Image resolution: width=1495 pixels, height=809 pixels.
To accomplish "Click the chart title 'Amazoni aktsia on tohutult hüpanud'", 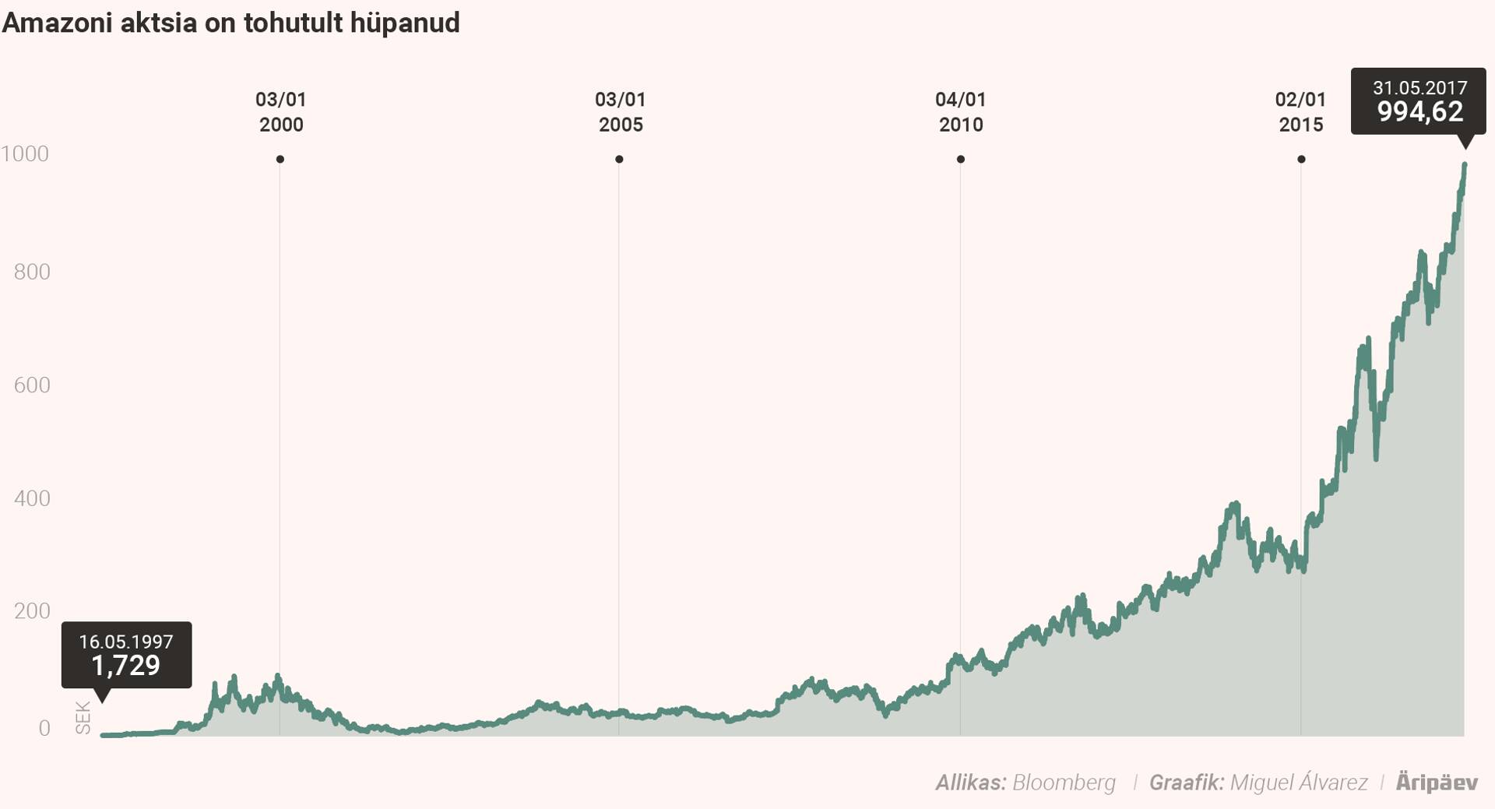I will tap(230, 23).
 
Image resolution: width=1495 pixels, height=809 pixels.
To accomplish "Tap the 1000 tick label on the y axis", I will tap(25, 154).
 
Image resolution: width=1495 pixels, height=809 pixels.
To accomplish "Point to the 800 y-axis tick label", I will tap(32, 272).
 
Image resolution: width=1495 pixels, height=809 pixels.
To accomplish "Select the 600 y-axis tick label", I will tap(32, 385).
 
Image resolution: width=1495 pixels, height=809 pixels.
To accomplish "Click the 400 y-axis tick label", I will tap(32, 498).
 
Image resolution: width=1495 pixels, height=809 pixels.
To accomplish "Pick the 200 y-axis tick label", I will tap(32, 611).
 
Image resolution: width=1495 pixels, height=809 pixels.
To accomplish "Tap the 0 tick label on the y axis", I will tap(44, 728).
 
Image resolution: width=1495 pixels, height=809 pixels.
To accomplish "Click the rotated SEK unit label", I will tap(83, 718).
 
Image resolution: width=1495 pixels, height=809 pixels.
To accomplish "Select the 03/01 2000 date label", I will tap(281, 112).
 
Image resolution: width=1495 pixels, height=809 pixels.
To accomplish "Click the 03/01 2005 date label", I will tap(621, 112).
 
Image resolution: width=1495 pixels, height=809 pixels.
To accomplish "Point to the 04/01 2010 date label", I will tap(961, 112).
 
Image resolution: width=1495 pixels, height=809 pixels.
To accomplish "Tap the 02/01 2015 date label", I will tap(1300, 112).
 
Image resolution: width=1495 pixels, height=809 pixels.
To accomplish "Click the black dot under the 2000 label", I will tap(280, 160).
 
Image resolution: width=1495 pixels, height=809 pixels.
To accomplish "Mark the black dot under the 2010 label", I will tap(961, 160).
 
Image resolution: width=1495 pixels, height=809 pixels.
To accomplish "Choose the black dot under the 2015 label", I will tap(1301, 160).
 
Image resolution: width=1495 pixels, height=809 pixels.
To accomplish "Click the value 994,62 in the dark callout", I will tap(1420, 112).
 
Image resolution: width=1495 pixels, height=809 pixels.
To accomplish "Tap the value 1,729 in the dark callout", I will tap(126, 666).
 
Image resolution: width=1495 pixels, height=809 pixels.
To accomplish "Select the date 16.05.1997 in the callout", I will tap(126, 642).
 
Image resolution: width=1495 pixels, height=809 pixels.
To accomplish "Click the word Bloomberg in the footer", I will tap(1064, 783).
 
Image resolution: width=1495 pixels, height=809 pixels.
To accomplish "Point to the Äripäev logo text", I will tap(1437, 783).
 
